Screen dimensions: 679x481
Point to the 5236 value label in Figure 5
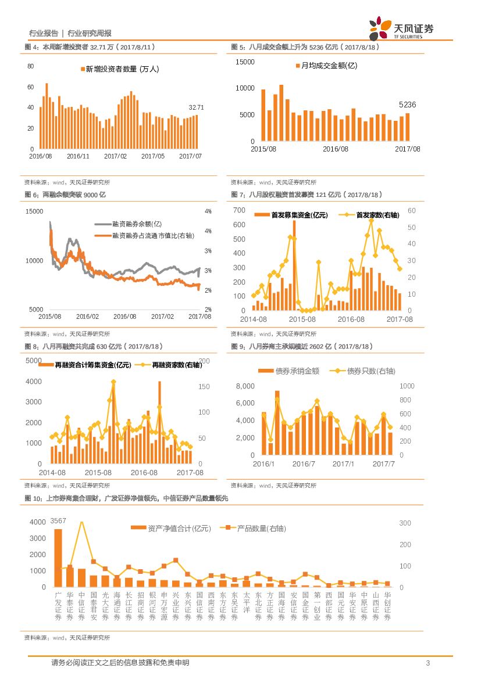coord(407,105)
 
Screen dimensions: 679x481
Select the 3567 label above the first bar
coord(58,520)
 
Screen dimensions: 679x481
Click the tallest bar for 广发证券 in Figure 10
coord(58,558)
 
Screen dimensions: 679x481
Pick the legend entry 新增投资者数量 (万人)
coord(119,69)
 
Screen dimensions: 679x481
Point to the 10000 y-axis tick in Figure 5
coord(245,88)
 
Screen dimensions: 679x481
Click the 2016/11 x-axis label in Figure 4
coord(78,156)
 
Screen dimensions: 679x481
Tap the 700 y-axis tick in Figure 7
coord(238,210)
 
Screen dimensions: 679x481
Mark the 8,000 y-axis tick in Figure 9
coord(245,386)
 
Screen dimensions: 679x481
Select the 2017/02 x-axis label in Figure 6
coord(162,316)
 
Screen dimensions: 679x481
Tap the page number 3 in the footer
coord(427,663)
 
